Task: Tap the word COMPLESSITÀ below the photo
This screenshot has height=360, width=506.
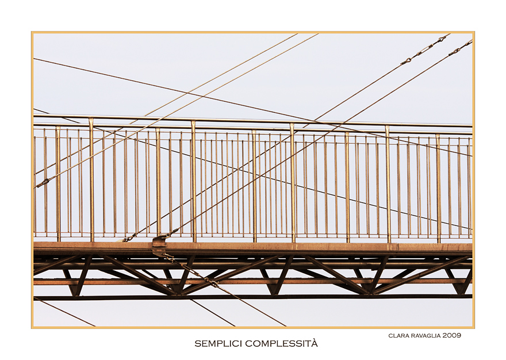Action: (281, 343)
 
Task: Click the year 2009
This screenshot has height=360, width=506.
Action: (452, 335)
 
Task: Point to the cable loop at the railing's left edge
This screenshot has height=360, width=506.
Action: (43, 183)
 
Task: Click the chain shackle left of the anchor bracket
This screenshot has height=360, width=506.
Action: (128, 239)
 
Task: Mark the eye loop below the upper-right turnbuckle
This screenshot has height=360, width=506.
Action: (407, 61)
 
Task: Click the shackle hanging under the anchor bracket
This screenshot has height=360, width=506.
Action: (169, 257)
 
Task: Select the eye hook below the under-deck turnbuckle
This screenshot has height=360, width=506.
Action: (212, 282)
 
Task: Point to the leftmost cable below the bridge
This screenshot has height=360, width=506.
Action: (64, 312)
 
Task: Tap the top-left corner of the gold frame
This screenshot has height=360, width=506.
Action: (32, 32)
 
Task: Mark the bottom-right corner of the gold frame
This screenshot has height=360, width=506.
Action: (474, 328)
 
